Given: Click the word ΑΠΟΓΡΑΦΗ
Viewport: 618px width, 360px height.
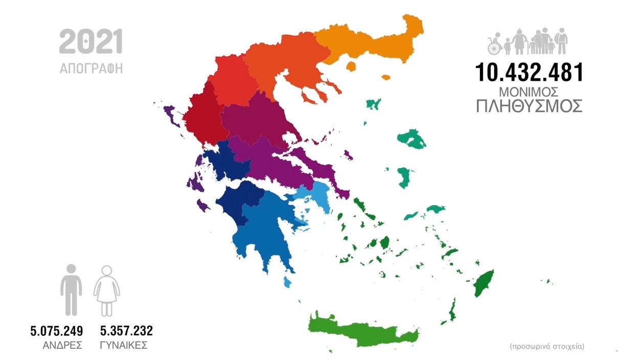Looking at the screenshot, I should [91, 68].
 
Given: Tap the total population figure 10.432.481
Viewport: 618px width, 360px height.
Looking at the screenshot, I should [529, 73].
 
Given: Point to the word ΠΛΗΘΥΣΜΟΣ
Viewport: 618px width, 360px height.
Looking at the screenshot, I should [529, 107].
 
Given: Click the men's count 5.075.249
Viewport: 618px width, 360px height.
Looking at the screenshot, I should [57, 331].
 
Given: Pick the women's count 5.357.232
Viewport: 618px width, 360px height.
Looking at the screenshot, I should [126, 331].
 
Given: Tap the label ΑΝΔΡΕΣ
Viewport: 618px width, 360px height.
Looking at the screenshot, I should [63, 345].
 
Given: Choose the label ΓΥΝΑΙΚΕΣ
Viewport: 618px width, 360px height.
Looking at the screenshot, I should [124, 345].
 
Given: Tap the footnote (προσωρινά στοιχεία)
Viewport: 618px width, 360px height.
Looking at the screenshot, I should [547, 346].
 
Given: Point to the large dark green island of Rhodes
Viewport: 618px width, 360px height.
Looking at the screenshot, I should [483, 283].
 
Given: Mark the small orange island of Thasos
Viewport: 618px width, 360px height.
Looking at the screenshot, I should [351, 67].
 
